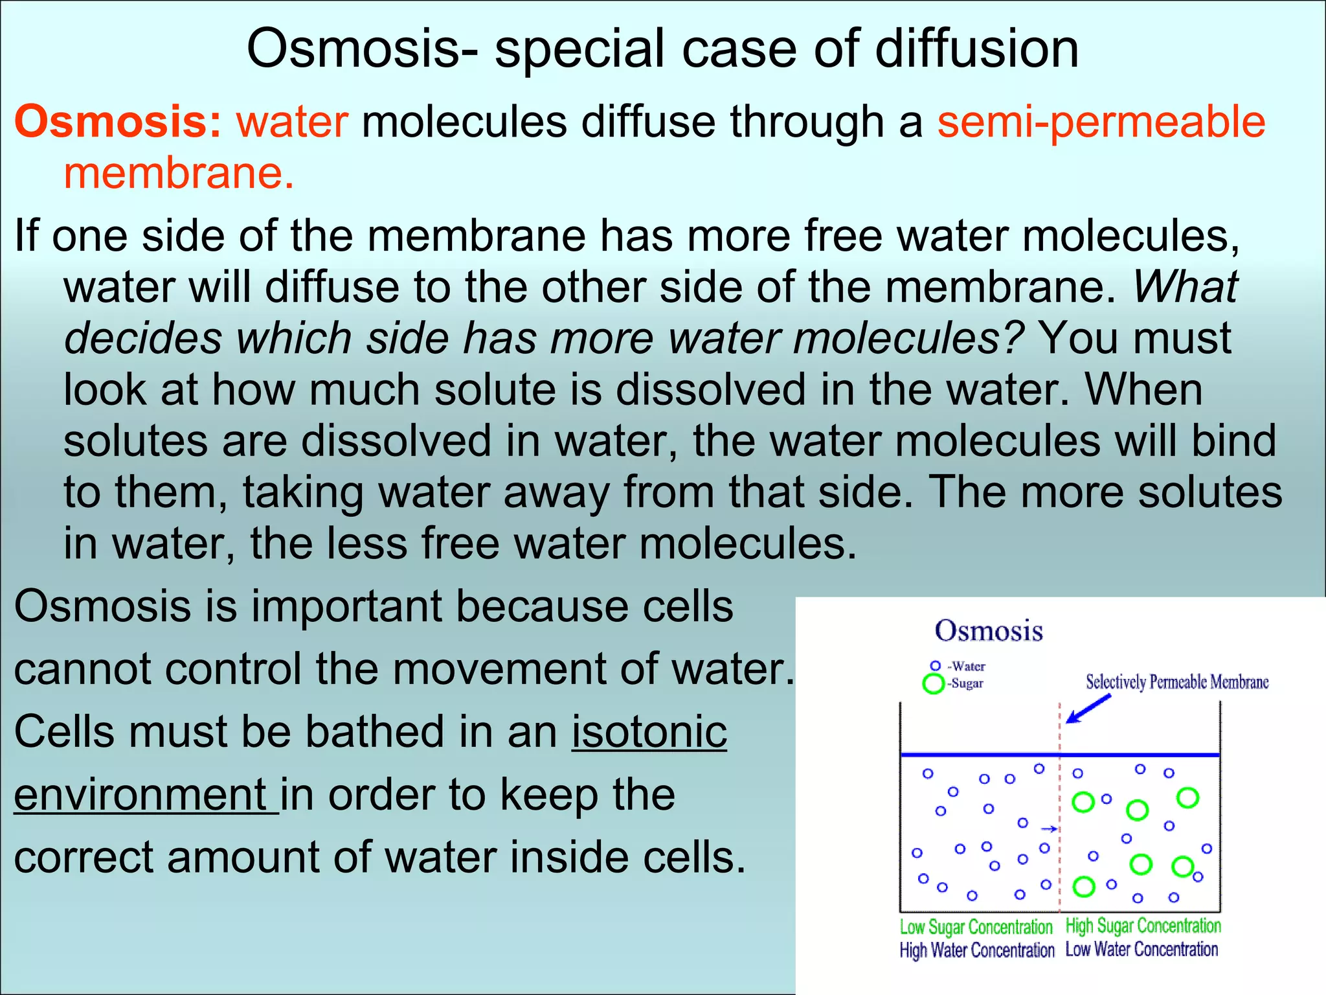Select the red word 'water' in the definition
[x=292, y=122]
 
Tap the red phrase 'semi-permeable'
[x=1101, y=123]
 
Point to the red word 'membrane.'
[x=179, y=174]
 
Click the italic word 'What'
[x=1185, y=286]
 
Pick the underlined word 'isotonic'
[x=649, y=732]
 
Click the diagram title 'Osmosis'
[x=989, y=631]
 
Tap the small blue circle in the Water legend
[x=935, y=666]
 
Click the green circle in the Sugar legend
[x=933, y=683]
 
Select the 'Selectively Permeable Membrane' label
[x=1176, y=682]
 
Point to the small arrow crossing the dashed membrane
[x=1050, y=829]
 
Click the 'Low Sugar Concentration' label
[x=976, y=927]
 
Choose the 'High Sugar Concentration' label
[x=1143, y=926]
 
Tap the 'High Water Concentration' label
[x=976, y=950]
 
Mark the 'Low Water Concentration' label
[x=1141, y=950]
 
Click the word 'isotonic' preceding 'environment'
[x=649, y=732]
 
